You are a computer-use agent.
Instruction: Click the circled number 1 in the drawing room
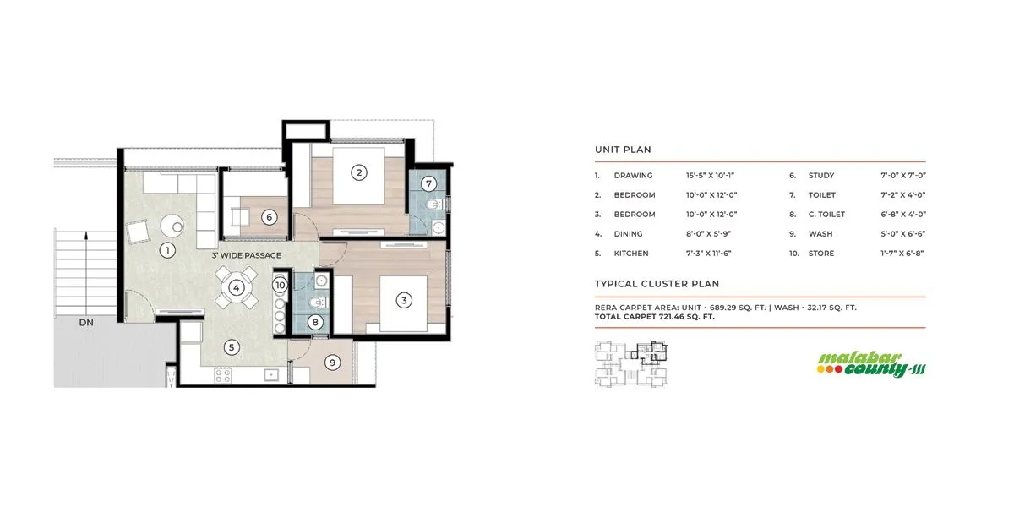167,249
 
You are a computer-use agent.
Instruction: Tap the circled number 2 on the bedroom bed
359,173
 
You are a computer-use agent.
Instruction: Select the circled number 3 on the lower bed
405,300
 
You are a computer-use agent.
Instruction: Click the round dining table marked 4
237,287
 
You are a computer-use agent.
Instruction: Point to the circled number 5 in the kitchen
231,346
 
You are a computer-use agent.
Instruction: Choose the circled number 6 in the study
269,217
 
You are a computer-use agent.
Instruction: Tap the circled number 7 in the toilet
428,183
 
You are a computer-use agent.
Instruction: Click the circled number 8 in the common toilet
315,321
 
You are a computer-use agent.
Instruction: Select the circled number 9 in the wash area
333,363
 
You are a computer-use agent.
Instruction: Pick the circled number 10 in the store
281,286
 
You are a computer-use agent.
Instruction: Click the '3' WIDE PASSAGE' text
246,255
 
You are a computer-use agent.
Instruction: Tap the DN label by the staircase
86,323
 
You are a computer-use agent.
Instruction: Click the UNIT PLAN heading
623,150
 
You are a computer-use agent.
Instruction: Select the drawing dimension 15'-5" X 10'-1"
710,176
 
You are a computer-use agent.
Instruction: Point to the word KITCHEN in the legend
631,253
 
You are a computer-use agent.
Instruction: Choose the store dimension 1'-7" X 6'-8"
904,253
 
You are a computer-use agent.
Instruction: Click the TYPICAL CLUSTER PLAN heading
657,284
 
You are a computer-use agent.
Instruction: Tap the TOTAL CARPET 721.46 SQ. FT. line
655,317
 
